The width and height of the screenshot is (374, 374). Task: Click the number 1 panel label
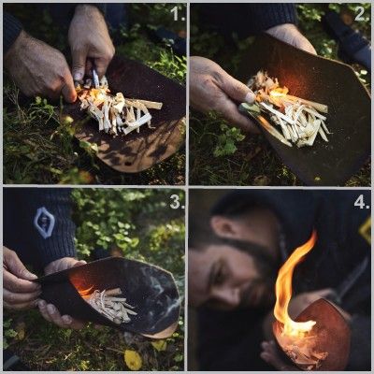pyautogui.click(x=178, y=14)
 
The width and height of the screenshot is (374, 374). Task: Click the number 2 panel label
pyautogui.click(x=362, y=14)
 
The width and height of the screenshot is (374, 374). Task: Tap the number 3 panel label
pyautogui.click(x=177, y=202)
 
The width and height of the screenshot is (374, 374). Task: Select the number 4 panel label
pyautogui.click(x=362, y=202)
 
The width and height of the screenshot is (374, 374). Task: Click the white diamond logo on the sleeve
pyautogui.click(x=44, y=223)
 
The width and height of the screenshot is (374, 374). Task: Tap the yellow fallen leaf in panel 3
pyautogui.click(x=133, y=359)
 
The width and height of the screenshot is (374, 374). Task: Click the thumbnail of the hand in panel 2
pyautogui.click(x=250, y=97)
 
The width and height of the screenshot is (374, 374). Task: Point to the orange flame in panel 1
pyautogui.click(x=93, y=93)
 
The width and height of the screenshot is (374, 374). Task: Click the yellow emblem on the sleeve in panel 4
pyautogui.click(x=366, y=230)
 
